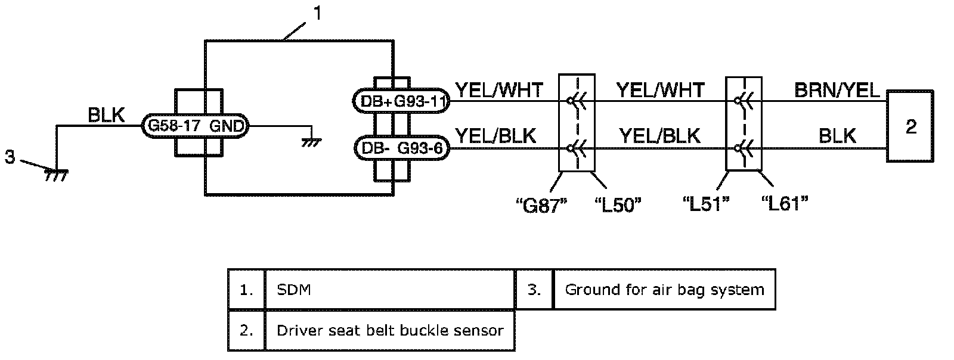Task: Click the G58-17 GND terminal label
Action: point(194,126)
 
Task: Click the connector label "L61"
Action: point(785,204)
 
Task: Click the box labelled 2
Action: point(910,126)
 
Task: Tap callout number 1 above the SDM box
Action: point(317,13)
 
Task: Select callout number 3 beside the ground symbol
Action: point(10,158)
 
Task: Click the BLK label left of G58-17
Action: point(106,115)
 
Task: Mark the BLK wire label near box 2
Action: point(837,136)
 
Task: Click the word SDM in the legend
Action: point(294,290)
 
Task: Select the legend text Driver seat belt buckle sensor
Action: point(390,330)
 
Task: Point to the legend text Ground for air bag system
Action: point(664,290)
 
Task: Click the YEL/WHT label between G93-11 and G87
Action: point(499,90)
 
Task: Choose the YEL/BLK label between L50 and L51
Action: point(659,136)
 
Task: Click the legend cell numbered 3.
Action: point(534,290)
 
